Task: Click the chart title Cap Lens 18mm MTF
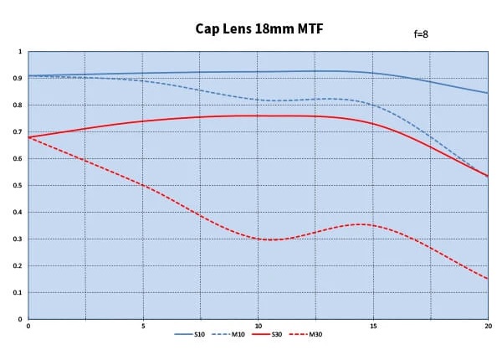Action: (259, 29)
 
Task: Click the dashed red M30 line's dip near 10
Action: (269, 239)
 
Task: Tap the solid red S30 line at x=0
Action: (29, 137)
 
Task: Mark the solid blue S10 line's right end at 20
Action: (487, 93)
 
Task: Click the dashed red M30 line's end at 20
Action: (487, 279)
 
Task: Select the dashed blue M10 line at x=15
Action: (373, 105)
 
